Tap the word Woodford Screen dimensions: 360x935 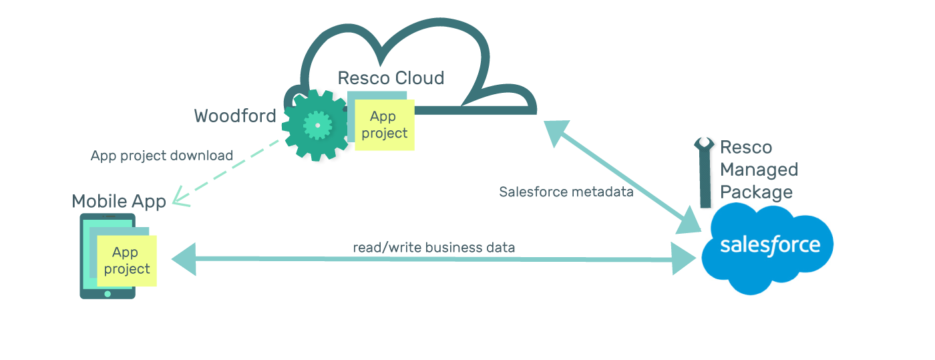(235, 116)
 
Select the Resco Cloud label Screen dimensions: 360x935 (391, 78)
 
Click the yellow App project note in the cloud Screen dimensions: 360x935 (384, 125)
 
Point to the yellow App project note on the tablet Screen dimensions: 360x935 (127, 260)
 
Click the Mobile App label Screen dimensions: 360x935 (118, 202)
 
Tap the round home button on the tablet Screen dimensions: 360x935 (108, 293)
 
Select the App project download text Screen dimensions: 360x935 (162, 156)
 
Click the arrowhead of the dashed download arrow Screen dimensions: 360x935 (179, 198)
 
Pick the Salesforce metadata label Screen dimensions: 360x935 (566, 192)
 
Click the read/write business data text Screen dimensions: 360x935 (434, 247)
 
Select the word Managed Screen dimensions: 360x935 (759, 170)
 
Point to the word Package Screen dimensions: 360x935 (756, 192)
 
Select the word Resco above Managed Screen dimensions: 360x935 (746, 147)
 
